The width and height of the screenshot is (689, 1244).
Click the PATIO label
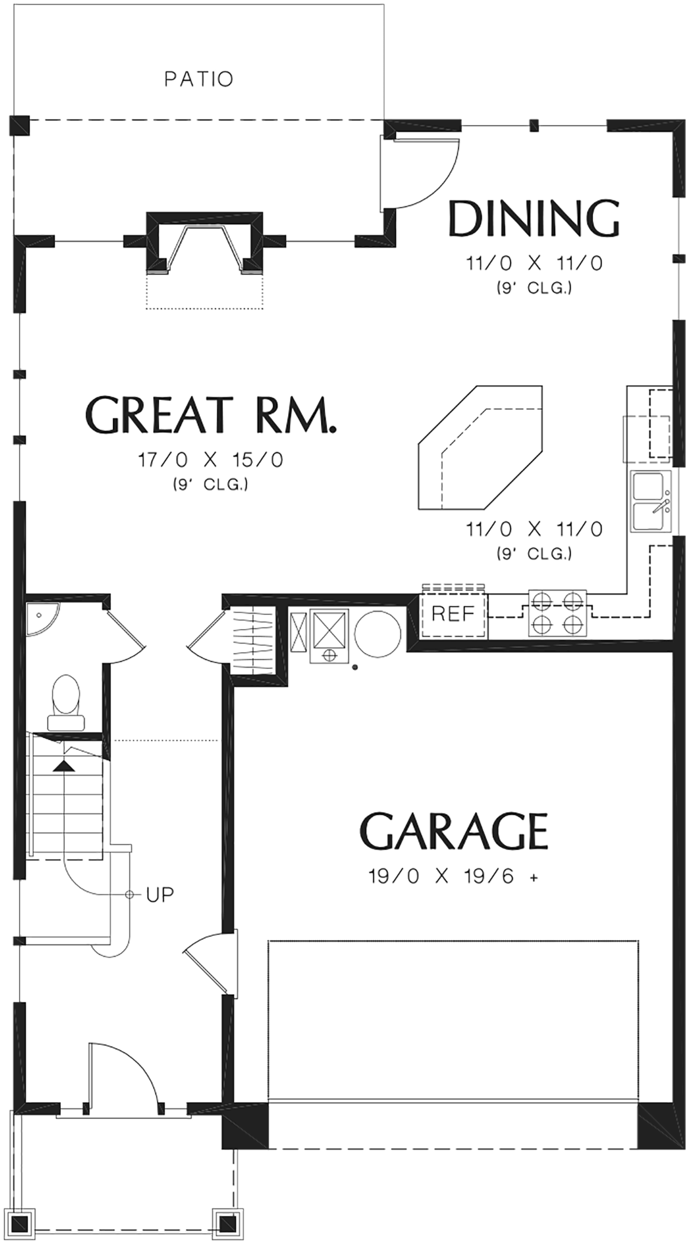pos(199,79)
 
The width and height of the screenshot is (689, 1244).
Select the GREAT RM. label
pos(210,414)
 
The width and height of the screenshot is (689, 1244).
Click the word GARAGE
pos(454,831)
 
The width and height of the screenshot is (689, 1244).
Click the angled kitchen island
pos(481,447)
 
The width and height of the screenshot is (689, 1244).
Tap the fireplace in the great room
pos(206,243)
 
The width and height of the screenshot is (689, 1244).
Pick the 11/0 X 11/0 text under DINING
pos(534,263)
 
